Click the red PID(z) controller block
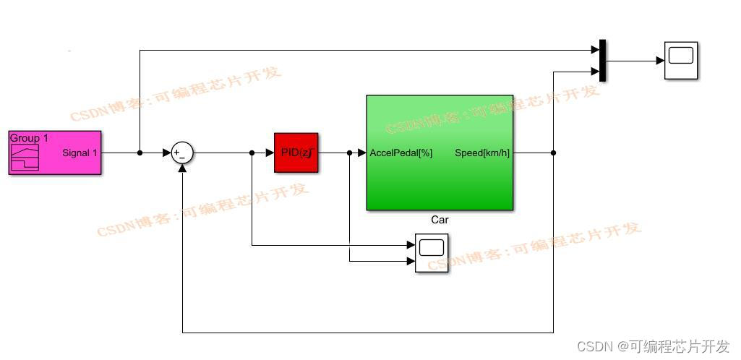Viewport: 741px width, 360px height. pyautogui.click(x=296, y=153)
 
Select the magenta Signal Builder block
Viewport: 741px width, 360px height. pyautogui.click(x=55, y=153)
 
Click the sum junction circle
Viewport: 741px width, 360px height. pyautogui.click(x=182, y=153)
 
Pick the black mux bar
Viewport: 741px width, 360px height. pyautogui.click(x=602, y=61)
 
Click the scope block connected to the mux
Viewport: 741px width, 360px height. pyautogui.click(x=681, y=61)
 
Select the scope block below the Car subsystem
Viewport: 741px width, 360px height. pyautogui.click(x=432, y=253)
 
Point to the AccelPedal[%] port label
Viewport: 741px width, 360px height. pyautogui.click(x=401, y=153)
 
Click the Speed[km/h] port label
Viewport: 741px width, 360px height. pyautogui.click(x=481, y=153)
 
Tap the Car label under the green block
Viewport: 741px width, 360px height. pyautogui.click(x=440, y=220)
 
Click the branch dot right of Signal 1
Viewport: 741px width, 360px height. pyautogui.click(x=140, y=153)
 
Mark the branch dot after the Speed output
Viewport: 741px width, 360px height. pyautogui.click(x=553, y=153)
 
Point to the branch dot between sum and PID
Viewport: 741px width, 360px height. pyautogui.click(x=252, y=153)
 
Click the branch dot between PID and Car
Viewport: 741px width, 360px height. pyautogui.click(x=349, y=153)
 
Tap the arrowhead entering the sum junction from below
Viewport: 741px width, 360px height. pyautogui.click(x=182, y=168)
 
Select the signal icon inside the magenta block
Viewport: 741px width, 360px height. pyautogui.click(x=25, y=157)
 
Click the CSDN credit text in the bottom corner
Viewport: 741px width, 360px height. pyautogui.click(x=654, y=346)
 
